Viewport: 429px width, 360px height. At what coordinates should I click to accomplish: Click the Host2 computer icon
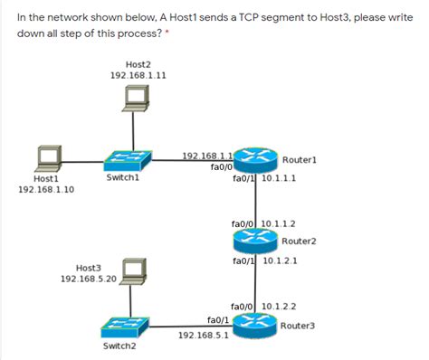[x=138, y=100]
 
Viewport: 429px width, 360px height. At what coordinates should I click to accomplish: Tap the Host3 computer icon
[x=133, y=270]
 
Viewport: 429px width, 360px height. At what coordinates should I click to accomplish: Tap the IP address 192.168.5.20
[x=89, y=279]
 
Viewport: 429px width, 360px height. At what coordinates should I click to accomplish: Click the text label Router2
[x=298, y=242]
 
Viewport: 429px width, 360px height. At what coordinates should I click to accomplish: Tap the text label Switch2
[x=119, y=346]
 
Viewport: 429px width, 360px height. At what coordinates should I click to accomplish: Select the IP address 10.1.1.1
[x=279, y=178]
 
